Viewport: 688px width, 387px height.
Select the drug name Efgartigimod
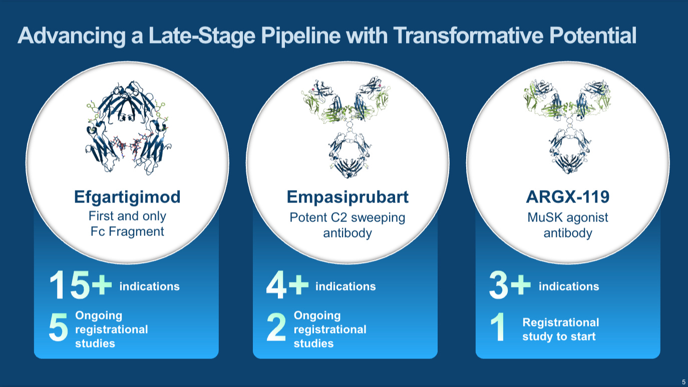pos(127,197)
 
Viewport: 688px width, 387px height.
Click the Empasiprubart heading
pos(348,197)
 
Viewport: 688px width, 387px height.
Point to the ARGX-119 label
pos(568,197)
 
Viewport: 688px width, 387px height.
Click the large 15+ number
pos(80,286)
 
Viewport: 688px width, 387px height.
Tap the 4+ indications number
pos(287,286)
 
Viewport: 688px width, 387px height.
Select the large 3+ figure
pos(510,286)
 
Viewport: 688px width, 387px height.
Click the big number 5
pos(58,329)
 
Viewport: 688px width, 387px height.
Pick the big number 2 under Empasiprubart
pos(276,329)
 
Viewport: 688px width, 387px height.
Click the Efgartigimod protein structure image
pos(127,129)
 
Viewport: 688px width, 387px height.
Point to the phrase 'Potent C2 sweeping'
pos(348,218)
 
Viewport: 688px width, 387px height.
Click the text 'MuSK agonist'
pos(568,218)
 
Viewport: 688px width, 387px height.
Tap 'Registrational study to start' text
pos(560,329)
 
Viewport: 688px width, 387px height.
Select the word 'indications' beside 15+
pos(149,286)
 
